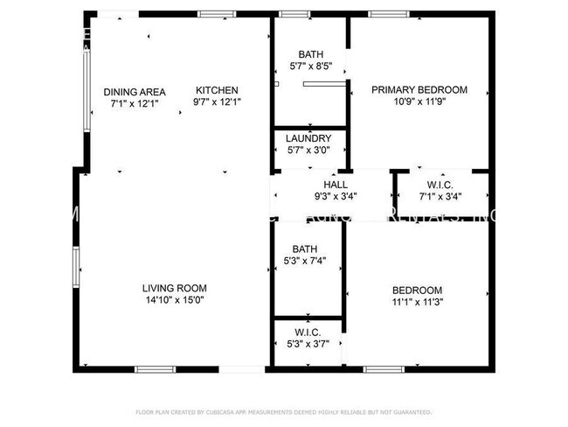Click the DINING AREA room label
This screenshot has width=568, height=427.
tap(135, 92)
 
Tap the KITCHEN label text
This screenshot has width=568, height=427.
tap(217, 90)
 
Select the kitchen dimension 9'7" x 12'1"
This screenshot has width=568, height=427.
tap(217, 101)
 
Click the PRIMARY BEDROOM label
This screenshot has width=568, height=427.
tap(419, 89)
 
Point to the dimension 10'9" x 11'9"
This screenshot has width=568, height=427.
tap(419, 101)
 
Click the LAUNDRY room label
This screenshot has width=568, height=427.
tap(309, 138)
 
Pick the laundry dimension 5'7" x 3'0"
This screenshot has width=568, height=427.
tap(309, 150)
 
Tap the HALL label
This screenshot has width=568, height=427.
tap(336, 185)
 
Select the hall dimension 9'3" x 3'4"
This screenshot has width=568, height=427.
tap(336, 196)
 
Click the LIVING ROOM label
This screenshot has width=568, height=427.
tap(175, 289)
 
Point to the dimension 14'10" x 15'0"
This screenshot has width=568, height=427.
tap(175, 300)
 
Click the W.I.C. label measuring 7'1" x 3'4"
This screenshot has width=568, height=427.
tap(440, 185)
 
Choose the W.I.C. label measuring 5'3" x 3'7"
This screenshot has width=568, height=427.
tap(308, 332)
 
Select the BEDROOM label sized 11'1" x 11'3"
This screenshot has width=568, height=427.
tap(417, 290)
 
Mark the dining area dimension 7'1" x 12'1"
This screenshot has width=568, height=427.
tap(135, 103)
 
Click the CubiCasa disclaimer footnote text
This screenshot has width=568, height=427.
tap(283, 411)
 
